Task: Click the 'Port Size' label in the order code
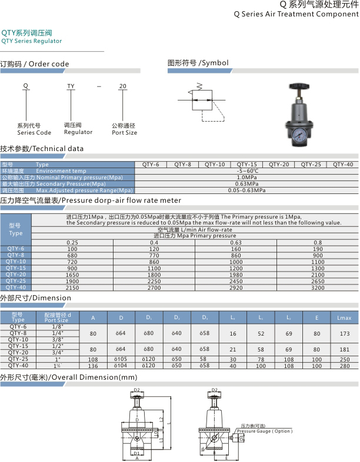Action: pyautogui.click(x=124, y=133)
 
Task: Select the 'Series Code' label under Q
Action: pyautogui.click(x=34, y=133)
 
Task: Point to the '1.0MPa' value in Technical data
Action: pyautogui.click(x=247, y=177)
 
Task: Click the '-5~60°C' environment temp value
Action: pyautogui.click(x=247, y=171)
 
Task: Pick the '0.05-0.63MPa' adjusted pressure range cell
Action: pyautogui.click(x=247, y=190)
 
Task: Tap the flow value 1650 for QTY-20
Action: pyautogui.click(x=72, y=274)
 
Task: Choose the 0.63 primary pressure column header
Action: pyautogui.click(x=236, y=242)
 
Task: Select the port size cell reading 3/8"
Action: pyautogui.click(x=57, y=339)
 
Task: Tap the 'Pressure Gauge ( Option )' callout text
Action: pyautogui.click(x=264, y=431)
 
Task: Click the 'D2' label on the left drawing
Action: pyautogui.click(x=136, y=390)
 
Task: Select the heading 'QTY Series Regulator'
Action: pyautogui.click(x=31, y=41)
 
